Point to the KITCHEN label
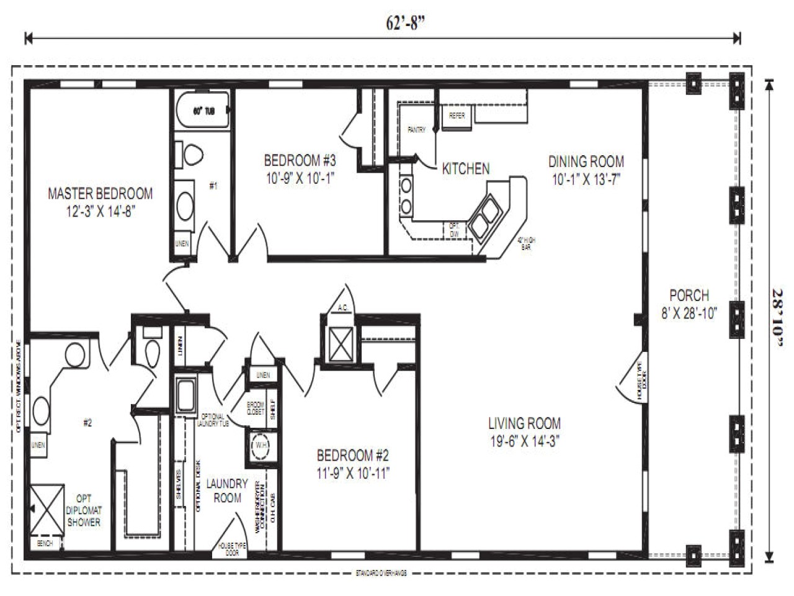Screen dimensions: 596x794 tap(465, 168)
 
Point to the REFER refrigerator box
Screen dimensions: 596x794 tap(457, 115)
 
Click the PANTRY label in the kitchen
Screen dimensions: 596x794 tap(416, 130)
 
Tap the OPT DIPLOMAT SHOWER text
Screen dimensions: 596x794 tap(84, 510)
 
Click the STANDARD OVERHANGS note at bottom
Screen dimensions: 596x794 tap(381, 572)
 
